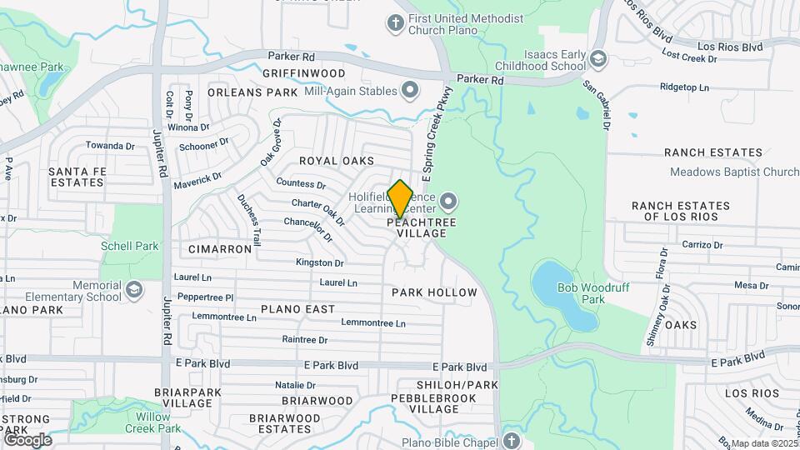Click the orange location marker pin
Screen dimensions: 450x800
click(x=400, y=199)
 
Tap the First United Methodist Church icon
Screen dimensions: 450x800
click(x=395, y=24)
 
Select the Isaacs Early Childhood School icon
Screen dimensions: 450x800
click(x=598, y=58)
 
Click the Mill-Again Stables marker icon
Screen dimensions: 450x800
click(x=409, y=90)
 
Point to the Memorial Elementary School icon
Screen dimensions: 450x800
click(x=133, y=291)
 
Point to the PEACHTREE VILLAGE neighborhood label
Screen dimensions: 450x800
click(x=422, y=228)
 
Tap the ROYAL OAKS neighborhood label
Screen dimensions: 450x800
click(x=336, y=160)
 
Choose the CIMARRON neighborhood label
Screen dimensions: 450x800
click(x=220, y=249)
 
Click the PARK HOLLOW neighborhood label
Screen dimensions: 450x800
click(x=434, y=292)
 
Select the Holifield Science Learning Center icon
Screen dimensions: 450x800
click(x=449, y=202)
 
